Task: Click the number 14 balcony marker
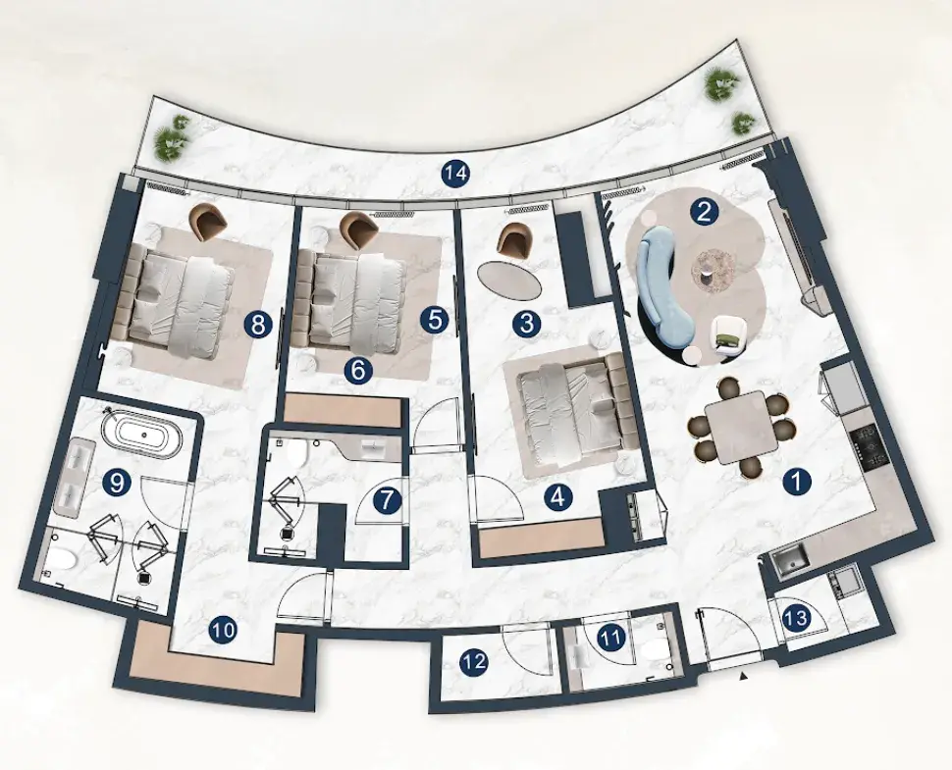[456, 175]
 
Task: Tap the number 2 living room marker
[705, 213]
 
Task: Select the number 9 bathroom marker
[118, 484]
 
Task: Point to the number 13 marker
[796, 618]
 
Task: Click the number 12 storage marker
[474, 661]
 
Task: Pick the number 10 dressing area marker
[224, 631]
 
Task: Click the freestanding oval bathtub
[144, 432]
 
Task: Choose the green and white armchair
[726, 335]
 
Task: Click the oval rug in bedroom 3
[508, 279]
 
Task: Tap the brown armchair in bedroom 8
[208, 222]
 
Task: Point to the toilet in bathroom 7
[297, 452]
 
